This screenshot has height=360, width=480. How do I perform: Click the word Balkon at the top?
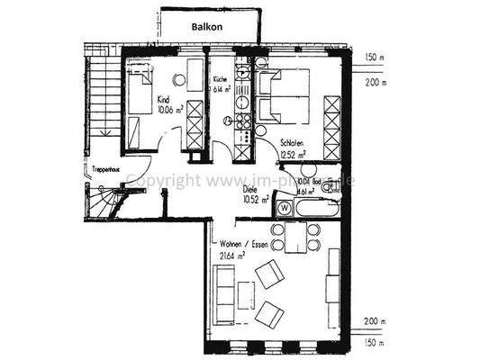click(207, 27)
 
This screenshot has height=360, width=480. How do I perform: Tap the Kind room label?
click(164, 101)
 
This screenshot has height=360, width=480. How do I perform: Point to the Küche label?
click(220, 79)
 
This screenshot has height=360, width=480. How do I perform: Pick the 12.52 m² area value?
click(294, 155)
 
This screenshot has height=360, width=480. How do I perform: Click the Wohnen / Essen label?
click(243, 244)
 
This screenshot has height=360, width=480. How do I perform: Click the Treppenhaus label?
click(106, 169)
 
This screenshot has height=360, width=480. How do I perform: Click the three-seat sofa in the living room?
click(223, 297)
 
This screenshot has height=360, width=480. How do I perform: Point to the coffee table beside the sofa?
click(246, 292)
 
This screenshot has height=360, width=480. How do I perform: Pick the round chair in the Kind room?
click(179, 80)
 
